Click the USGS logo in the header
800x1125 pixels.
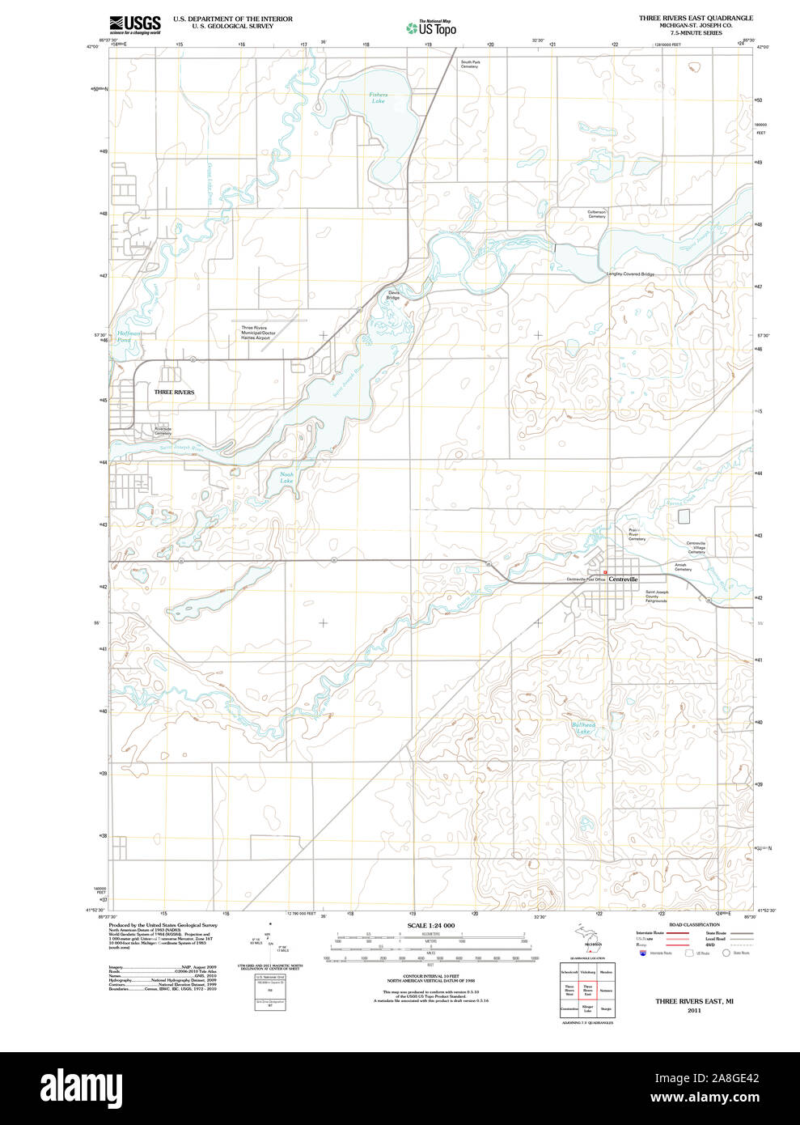135,24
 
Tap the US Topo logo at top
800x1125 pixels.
432,28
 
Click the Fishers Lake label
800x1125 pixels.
379,98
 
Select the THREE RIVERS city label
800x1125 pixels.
174,393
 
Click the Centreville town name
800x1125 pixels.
623,579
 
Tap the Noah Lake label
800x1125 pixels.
286,478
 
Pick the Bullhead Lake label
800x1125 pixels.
583,728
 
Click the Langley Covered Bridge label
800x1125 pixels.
630,274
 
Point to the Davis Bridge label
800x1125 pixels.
393,295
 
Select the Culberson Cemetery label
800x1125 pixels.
597,214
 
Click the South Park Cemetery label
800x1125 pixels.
470,64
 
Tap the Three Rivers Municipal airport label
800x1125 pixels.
258,333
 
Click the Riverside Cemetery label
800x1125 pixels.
163,431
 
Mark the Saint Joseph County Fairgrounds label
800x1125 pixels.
656,596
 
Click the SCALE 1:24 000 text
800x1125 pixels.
431,925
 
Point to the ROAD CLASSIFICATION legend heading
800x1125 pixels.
694,924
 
